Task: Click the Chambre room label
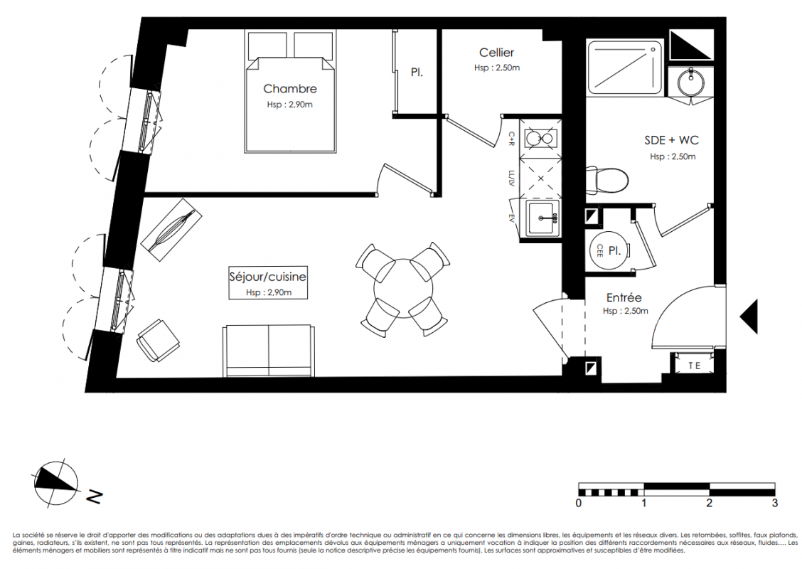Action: click(290, 88)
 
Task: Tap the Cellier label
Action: click(497, 52)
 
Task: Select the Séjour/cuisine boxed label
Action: click(268, 282)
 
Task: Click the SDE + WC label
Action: click(672, 139)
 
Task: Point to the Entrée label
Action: click(624, 297)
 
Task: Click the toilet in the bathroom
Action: click(606, 180)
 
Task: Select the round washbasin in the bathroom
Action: click(691, 82)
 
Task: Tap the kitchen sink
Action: click(542, 218)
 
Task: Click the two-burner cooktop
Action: click(540, 138)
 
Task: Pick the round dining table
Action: click(404, 288)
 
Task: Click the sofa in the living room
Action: click(268, 351)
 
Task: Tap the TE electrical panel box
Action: click(694, 366)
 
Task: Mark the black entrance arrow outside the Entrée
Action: click(749, 317)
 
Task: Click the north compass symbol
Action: click(55, 482)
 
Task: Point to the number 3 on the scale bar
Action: click(774, 503)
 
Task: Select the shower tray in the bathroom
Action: click(624, 68)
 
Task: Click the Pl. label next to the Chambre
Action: click(417, 73)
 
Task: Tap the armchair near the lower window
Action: click(158, 341)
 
